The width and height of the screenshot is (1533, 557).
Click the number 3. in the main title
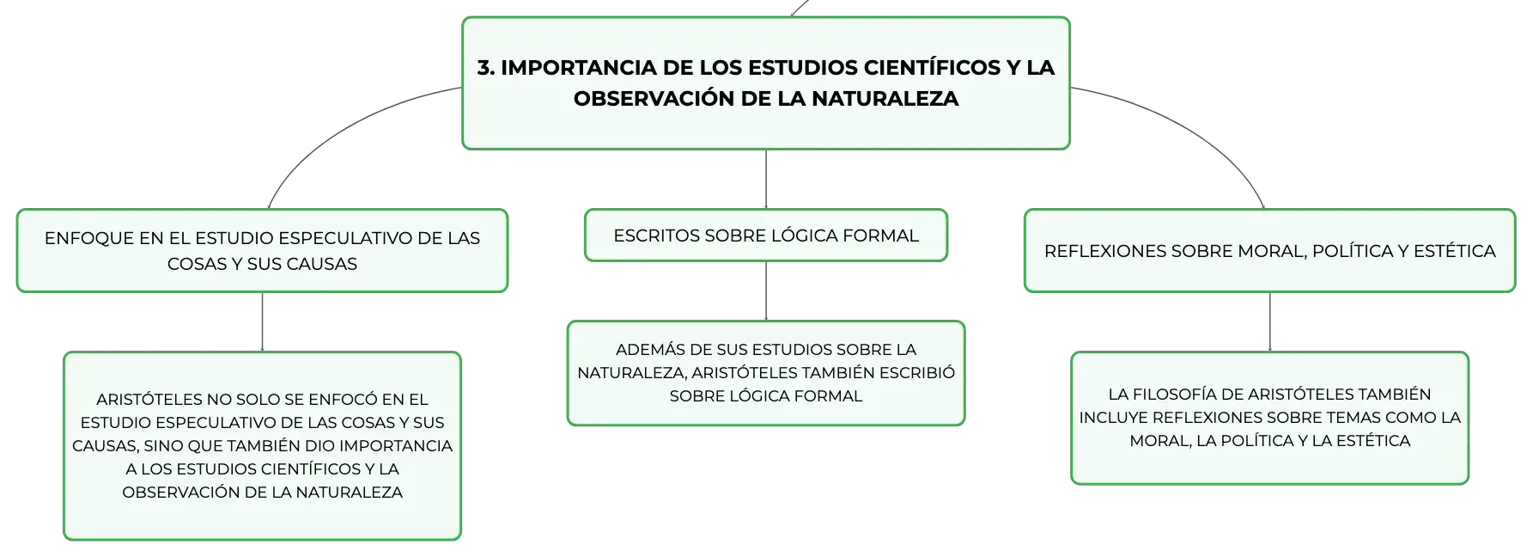coord(486,67)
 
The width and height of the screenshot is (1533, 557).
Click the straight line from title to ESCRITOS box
coord(766,180)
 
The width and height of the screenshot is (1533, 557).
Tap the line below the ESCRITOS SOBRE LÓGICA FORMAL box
coord(766,291)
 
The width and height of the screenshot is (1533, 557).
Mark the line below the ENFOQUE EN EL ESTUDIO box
coord(262,322)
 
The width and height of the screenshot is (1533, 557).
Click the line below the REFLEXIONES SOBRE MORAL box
coord(1270,322)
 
